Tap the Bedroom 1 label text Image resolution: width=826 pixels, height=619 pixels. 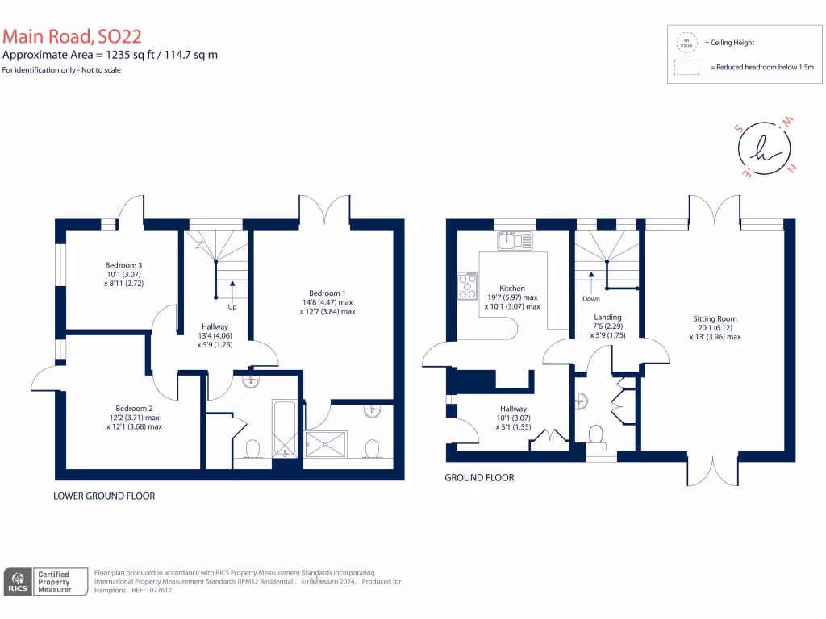tap(327, 293)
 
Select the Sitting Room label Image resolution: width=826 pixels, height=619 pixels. tap(714, 318)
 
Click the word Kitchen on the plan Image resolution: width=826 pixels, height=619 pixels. tap(511, 288)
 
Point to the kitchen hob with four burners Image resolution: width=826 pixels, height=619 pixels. tap(467, 285)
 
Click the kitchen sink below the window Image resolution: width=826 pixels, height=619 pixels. tap(515, 239)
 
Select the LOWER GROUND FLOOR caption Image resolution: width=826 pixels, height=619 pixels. tap(104, 496)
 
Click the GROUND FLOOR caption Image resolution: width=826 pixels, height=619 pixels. tap(479, 477)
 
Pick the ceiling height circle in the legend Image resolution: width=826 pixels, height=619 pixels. tap(686, 42)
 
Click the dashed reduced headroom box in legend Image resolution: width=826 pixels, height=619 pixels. tap(686, 68)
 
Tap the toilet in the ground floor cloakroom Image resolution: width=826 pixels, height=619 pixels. tap(597, 435)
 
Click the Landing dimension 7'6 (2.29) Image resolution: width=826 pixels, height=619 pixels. tap(607, 326)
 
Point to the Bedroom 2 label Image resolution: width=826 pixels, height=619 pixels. tap(134, 409)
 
